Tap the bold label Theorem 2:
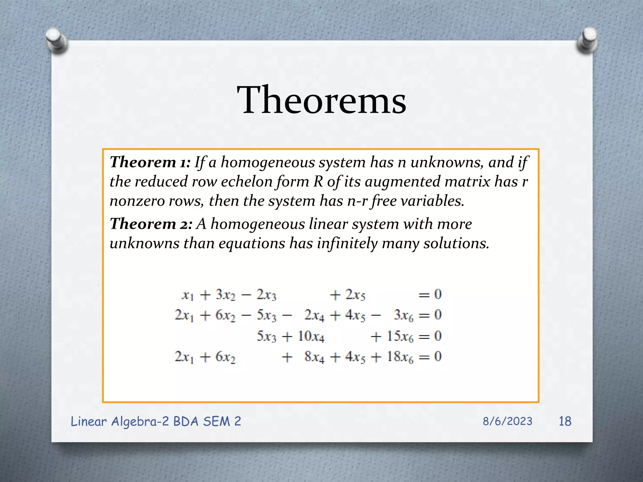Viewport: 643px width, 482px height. pos(151,224)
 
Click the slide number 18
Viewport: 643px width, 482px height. pos(565,421)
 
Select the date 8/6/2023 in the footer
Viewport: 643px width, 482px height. pos(507,421)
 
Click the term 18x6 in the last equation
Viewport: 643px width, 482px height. pos(400,357)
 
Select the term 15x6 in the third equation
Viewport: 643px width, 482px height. pos(400,336)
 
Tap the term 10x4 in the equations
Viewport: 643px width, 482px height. pos(311,336)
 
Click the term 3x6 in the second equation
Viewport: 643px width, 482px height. pos(404,315)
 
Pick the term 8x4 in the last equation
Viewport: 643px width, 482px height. pos(314,357)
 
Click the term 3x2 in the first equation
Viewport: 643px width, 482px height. pos(225,295)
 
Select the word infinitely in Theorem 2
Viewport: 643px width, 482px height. pos(347,244)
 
